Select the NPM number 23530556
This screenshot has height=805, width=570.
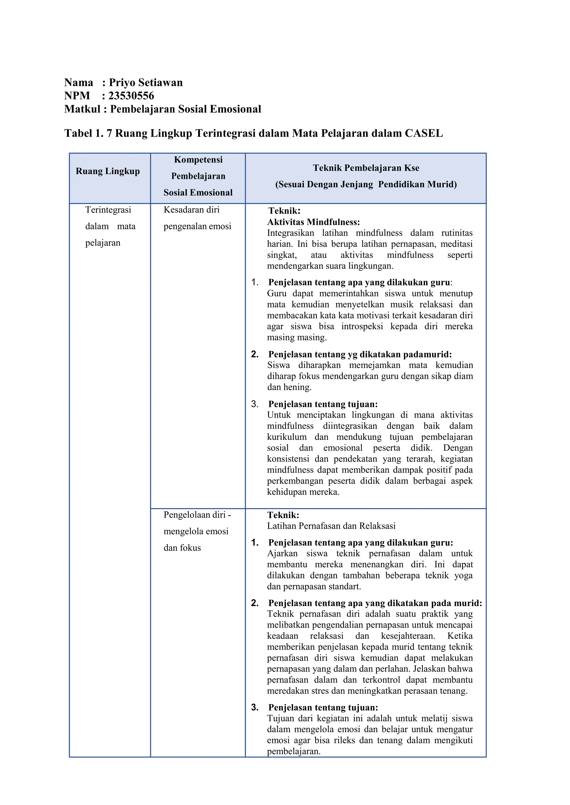click(x=131, y=96)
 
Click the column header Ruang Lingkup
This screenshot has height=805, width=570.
click(x=108, y=171)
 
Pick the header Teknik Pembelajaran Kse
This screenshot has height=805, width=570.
click(x=366, y=168)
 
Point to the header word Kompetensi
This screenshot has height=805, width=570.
click(x=198, y=160)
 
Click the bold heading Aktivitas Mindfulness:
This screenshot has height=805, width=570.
click(x=313, y=222)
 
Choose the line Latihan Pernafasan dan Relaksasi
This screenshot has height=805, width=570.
click(x=331, y=526)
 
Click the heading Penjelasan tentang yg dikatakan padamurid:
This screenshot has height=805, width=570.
click(x=360, y=354)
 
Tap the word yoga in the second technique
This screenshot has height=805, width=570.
click(x=463, y=575)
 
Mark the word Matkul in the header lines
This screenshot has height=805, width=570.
click(x=82, y=109)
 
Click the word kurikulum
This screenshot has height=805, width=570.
click(x=286, y=437)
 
